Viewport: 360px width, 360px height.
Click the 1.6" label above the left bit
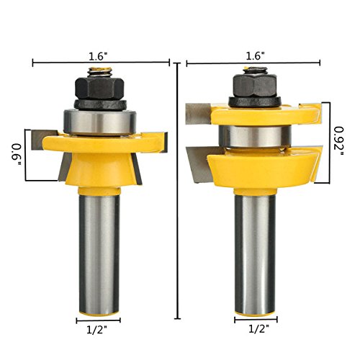pos(98,57)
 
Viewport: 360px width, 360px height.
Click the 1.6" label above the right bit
pos(255,56)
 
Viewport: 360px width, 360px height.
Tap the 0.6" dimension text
pos(17,154)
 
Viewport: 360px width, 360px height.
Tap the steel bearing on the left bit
pos(100,122)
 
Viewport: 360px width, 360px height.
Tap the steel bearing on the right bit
pos(256,136)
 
